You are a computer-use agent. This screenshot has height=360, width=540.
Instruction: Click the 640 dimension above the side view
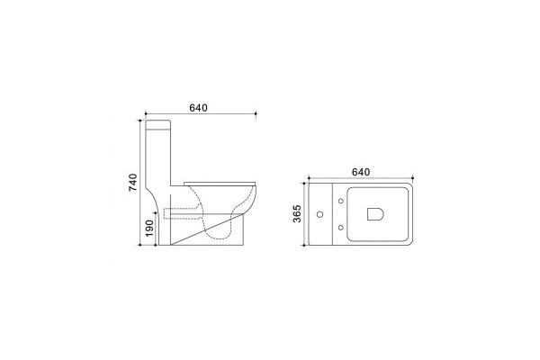[198, 108]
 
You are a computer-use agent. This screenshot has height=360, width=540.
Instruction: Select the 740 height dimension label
[133, 182]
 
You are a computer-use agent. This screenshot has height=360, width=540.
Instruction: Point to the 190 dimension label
[149, 228]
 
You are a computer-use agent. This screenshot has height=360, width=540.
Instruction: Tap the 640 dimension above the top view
[361, 172]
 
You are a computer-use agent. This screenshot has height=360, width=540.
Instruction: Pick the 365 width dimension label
[297, 213]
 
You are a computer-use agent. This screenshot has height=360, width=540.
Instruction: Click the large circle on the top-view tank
[319, 214]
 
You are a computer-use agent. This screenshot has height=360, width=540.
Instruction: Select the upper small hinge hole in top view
[341, 201]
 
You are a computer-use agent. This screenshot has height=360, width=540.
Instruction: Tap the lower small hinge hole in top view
[341, 228]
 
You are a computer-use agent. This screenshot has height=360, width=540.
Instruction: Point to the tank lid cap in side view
[158, 124]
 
